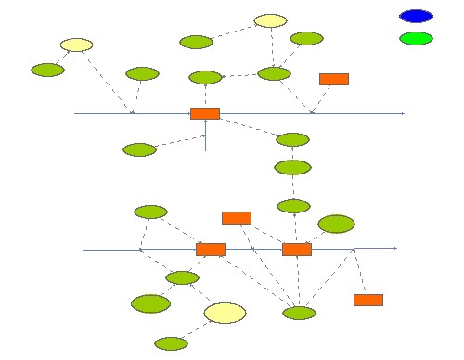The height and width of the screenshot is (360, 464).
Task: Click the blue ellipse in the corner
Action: tap(416, 16)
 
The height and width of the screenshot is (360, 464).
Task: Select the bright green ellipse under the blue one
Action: tap(416, 38)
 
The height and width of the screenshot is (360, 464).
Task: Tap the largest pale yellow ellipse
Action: tap(225, 313)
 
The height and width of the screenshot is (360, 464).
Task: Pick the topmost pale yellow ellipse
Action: tap(270, 20)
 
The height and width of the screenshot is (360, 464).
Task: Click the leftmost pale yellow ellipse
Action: tap(76, 45)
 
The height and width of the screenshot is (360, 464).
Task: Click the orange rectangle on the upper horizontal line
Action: tap(205, 113)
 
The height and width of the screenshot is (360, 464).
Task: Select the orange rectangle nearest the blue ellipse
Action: tap(334, 79)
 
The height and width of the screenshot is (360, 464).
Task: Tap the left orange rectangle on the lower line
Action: tap(211, 250)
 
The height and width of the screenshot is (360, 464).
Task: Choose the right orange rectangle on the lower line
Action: tap(297, 250)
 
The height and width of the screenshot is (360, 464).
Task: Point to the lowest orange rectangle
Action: tap(368, 300)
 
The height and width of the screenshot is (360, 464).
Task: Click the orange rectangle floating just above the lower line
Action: tap(237, 218)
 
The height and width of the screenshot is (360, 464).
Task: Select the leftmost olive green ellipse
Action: tap(47, 70)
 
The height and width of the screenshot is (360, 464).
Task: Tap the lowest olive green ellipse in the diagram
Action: tap(171, 343)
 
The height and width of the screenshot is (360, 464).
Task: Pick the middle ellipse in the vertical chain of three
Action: tap(292, 168)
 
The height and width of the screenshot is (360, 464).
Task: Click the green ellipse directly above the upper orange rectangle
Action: tap(205, 77)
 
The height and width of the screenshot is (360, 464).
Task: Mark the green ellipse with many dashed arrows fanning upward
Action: tap(299, 313)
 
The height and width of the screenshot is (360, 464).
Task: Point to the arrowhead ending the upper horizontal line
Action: tap(402, 113)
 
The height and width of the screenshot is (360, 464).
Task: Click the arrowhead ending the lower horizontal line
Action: tap(394, 249)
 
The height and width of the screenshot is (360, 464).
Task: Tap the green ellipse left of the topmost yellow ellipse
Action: tap(196, 42)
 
